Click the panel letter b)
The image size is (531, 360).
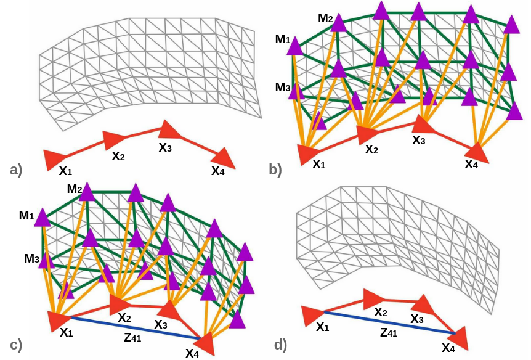275,168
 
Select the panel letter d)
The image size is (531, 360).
280,345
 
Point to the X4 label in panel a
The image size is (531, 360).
218,171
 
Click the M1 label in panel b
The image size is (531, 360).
283,39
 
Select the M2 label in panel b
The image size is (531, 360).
326,18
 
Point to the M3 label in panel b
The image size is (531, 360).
283,87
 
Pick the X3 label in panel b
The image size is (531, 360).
419,140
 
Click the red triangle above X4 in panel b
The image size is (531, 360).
477,152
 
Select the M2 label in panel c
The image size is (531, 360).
75,189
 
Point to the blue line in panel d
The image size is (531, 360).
388,322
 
